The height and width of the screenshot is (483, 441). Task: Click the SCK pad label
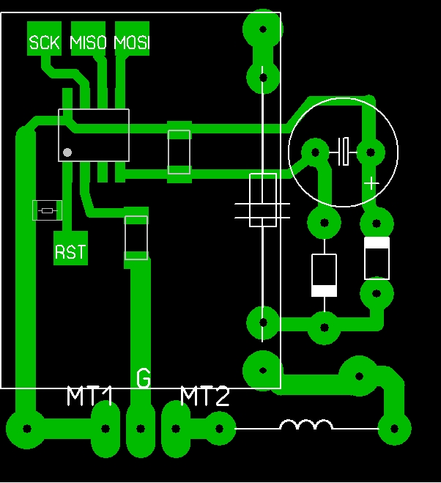(44, 43)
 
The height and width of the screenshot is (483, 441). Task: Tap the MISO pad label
(88, 43)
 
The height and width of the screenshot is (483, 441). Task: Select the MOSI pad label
(132, 43)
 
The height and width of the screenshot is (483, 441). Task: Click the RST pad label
(70, 252)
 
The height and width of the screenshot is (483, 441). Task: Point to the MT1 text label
(89, 396)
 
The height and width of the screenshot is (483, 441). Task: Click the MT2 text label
(205, 396)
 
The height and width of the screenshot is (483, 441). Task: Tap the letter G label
(144, 377)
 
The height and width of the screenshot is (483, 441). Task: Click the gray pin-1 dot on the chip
(67, 152)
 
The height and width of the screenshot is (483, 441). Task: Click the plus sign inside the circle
(371, 183)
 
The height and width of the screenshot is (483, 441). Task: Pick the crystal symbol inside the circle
(343, 152)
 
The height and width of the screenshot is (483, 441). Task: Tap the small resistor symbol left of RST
(47, 210)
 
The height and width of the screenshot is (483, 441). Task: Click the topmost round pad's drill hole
(263, 29)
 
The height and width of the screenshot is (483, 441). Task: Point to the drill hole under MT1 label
(105, 428)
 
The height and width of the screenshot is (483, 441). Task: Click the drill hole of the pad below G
(141, 428)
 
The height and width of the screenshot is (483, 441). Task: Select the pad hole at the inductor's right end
(394, 428)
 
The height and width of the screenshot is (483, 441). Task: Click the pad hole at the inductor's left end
(219, 428)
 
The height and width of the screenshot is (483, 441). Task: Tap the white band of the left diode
(324, 290)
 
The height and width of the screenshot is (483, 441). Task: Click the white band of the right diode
(377, 243)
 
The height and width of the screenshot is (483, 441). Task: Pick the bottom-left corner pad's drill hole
(27, 428)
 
